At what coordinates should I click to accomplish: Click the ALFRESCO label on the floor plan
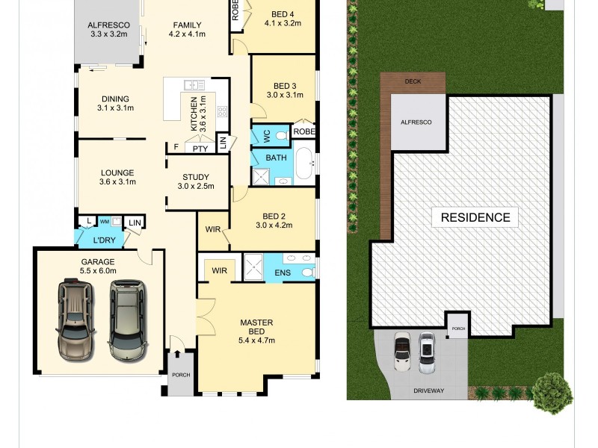[109, 25]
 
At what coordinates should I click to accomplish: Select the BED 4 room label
[282, 13]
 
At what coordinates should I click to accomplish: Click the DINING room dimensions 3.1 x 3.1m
[115, 108]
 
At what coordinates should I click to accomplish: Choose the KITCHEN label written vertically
[194, 114]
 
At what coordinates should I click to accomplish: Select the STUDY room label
[196, 176]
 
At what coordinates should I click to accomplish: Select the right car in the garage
[126, 319]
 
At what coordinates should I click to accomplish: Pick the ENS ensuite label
[283, 273]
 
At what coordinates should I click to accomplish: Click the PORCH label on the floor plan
[181, 375]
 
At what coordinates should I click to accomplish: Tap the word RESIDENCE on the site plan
[475, 218]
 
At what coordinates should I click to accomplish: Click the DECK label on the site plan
[413, 81]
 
